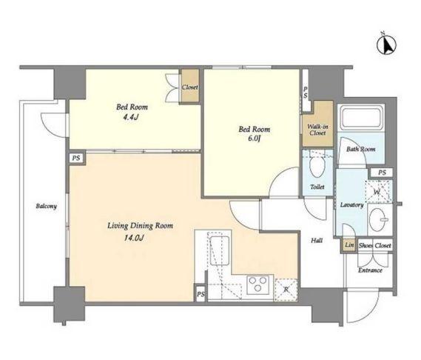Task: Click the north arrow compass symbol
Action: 387,45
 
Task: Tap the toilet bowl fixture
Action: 317,167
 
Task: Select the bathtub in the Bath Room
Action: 361,118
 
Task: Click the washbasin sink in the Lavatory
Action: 380,219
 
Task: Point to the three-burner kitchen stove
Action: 257,284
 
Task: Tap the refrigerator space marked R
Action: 286,290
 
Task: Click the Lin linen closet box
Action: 349,245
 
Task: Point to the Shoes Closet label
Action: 375,245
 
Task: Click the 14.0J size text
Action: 134,238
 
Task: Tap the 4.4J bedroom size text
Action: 131,117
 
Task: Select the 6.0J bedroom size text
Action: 254,139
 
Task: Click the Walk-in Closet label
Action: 317,130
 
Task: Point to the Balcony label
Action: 46,206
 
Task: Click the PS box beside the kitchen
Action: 201,294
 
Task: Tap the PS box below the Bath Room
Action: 382,173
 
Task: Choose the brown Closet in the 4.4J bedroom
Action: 190,86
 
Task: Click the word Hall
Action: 317,240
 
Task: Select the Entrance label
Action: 370,270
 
